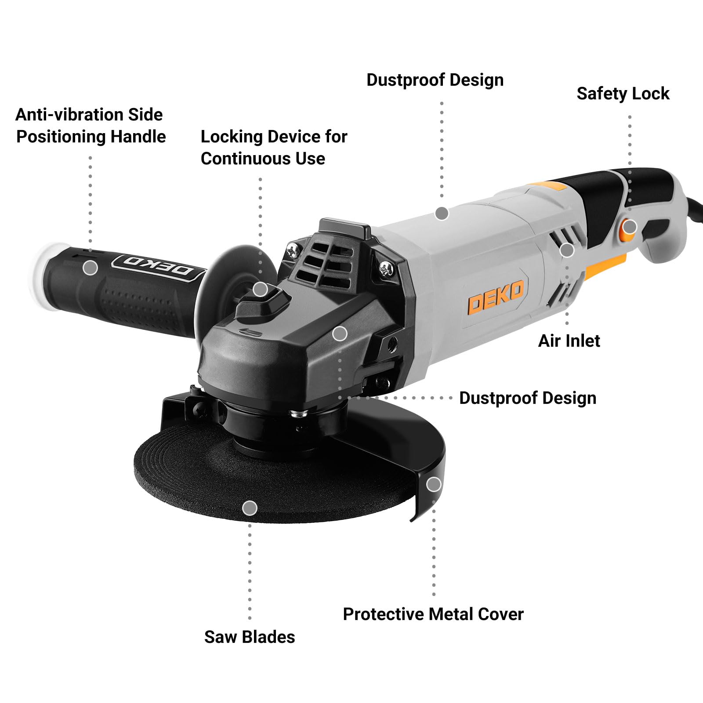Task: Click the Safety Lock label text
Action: [x=623, y=94]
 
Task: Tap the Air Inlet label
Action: [x=569, y=341]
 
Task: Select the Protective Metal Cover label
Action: [x=433, y=614]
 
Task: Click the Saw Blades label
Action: [x=250, y=637]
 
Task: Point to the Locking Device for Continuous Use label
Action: [x=274, y=147]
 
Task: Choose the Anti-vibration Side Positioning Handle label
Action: [x=91, y=126]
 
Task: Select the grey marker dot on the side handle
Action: [x=90, y=267]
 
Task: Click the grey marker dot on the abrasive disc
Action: [x=250, y=508]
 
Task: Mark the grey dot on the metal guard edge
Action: [x=434, y=484]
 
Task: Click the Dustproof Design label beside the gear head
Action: [x=528, y=398]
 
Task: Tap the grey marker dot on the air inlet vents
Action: [x=567, y=250]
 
